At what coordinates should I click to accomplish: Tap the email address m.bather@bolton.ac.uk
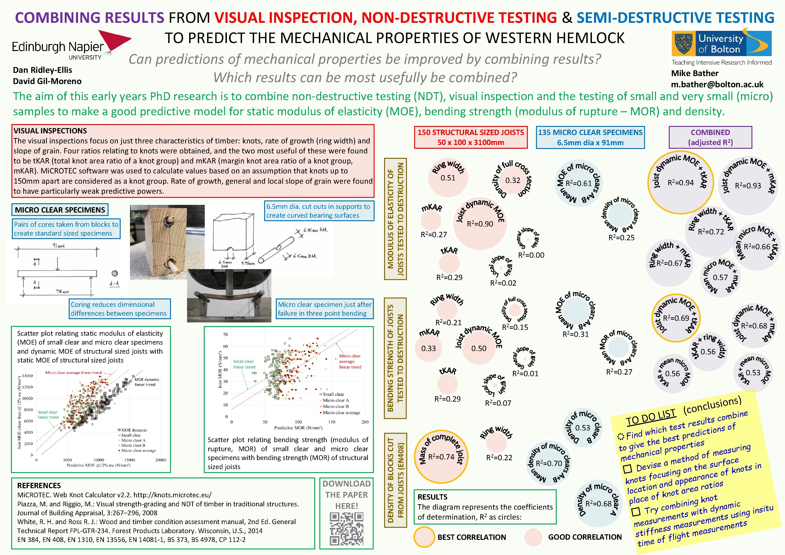(x=717, y=85)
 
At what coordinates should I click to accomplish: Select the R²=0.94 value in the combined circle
(x=680, y=183)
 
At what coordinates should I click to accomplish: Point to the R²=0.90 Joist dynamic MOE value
(x=480, y=224)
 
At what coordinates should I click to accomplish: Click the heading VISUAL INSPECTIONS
(x=50, y=131)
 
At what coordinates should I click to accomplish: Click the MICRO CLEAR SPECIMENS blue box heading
(x=60, y=210)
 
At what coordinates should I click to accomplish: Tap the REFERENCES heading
(x=39, y=486)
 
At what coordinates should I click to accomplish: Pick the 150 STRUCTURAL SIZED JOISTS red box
(x=471, y=137)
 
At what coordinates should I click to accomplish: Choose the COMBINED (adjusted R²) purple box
(x=710, y=137)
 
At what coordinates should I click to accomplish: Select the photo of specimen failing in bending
(x=229, y=296)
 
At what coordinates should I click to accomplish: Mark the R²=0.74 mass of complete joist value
(x=441, y=457)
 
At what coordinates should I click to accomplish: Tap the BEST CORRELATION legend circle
(x=424, y=537)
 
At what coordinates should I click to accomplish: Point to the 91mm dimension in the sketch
(x=58, y=246)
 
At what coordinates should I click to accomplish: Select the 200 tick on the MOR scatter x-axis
(x=365, y=422)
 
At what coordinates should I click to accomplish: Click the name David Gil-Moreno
(x=47, y=81)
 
